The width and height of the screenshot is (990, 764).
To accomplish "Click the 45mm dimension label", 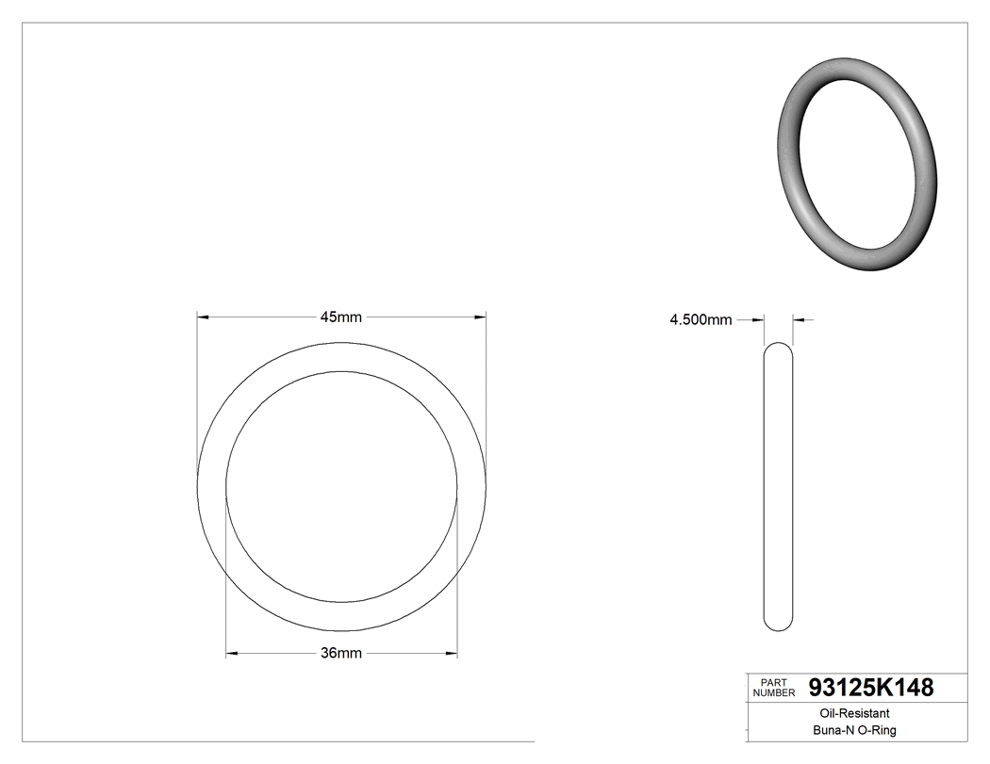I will (x=340, y=317).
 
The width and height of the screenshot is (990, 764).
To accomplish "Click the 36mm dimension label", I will (x=341, y=653).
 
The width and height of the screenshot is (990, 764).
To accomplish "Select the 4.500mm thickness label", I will (x=701, y=320).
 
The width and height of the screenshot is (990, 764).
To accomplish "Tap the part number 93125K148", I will (x=871, y=688).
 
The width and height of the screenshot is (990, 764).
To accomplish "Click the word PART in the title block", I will (x=773, y=682).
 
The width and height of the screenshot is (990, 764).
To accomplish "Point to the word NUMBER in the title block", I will (x=773, y=693).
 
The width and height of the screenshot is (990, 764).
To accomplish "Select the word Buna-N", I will (x=833, y=730).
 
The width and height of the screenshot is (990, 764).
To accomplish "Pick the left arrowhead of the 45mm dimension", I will (x=202, y=317).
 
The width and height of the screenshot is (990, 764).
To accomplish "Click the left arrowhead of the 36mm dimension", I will (x=232, y=653).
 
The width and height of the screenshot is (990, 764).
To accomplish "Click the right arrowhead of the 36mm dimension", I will (x=452, y=653).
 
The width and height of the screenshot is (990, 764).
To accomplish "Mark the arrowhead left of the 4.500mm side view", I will (x=758, y=320).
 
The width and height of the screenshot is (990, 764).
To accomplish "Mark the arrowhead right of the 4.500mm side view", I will (x=798, y=320).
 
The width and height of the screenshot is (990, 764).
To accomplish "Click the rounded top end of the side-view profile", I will (x=778, y=347).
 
